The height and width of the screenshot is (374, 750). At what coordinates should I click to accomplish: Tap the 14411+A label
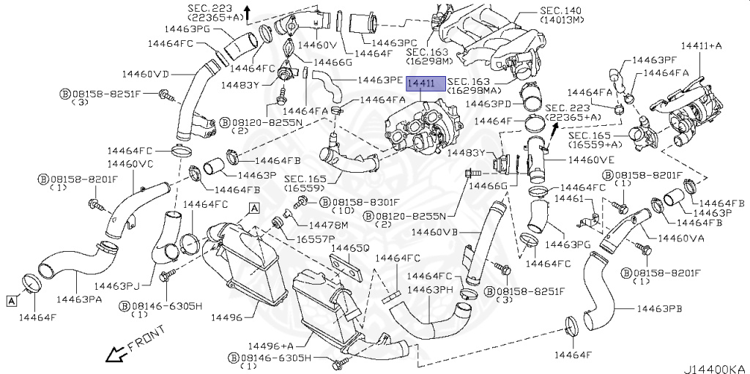[701, 45]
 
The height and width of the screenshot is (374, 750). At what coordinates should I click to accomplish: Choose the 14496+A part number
[269, 345]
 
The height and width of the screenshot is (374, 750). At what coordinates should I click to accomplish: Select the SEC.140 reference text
[560, 12]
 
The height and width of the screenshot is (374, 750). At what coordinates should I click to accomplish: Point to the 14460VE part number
[592, 157]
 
